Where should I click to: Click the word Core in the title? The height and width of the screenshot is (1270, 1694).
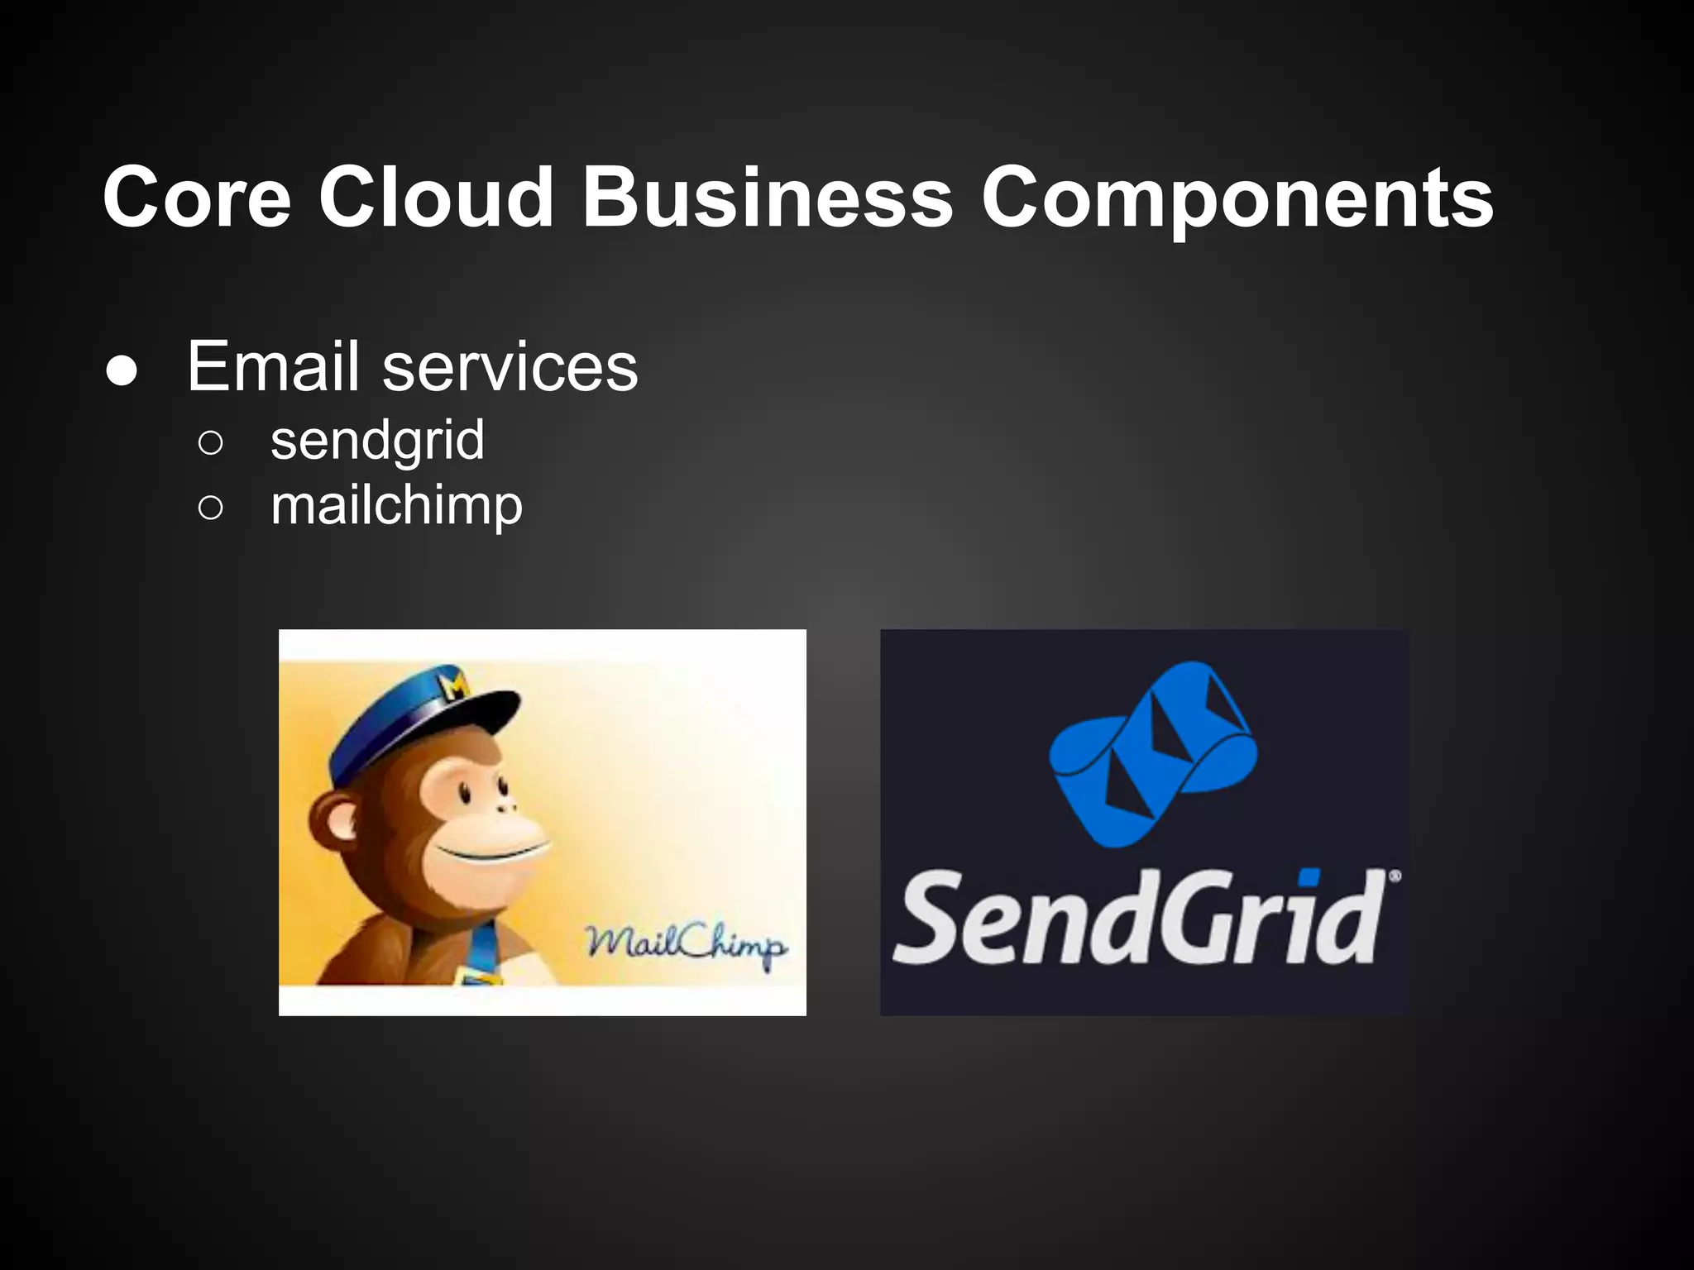pos(197,198)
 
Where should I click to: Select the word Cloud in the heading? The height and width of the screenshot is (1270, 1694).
pos(436,198)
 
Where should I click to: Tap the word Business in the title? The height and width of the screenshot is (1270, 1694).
pos(768,198)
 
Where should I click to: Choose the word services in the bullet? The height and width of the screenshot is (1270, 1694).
pos(510,367)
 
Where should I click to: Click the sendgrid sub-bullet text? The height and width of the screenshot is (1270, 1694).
pos(377,442)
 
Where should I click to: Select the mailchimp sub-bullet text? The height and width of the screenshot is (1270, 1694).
pos(396,506)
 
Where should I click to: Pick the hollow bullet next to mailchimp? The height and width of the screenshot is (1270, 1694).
pos(211,508)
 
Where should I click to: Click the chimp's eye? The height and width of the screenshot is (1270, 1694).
pos(465,792)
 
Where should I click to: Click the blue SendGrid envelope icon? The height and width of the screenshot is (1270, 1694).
pos(1153,753)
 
